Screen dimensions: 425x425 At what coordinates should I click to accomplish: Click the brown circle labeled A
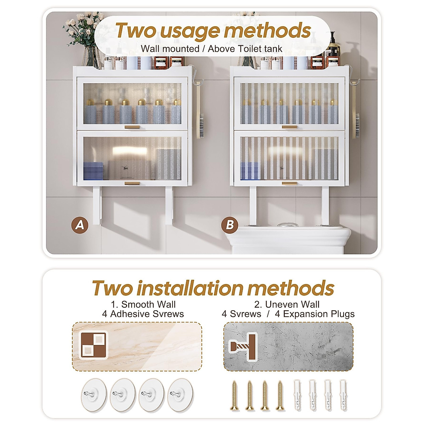(x=80, y=225)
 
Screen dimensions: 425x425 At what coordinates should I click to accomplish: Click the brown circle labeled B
(x=230, y=225)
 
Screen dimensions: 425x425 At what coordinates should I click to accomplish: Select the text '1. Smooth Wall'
(x=143, y=304)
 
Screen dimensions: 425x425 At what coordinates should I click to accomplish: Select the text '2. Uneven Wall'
(x=287, y=304)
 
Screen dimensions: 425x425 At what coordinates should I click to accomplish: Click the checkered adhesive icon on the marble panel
(x=93, y=345)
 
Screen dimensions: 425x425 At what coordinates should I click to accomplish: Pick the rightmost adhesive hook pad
(x=181, y=395)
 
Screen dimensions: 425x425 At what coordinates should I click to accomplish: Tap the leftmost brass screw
(x=234, y=396)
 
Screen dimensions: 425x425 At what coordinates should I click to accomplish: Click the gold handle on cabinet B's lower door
(x=290, y=183)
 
